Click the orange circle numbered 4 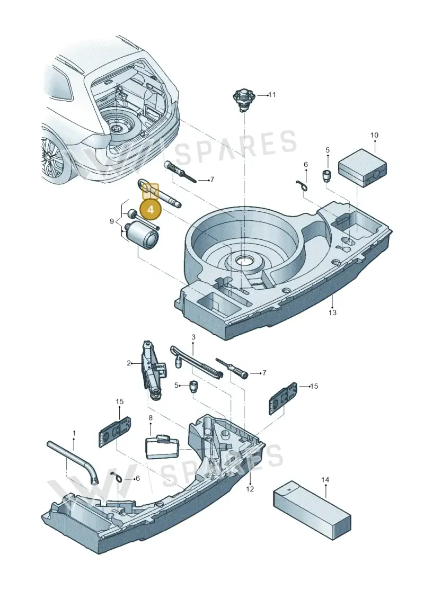tap(150, 209)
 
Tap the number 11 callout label tap(272, 95)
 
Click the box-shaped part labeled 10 tap(362, 168)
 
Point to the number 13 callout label tap(333, 312)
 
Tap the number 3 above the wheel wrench tap(193, 337)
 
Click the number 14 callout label tap(325, 479)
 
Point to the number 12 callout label tap(250, 489)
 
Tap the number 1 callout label tap(74, 433)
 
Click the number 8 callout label tap(150, 418)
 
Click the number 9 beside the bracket tap(112, 221)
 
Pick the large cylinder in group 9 tap(142, 236)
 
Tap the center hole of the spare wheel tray tap(244, 261)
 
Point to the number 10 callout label tap(374, 135)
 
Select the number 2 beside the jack tap(129, 363)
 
